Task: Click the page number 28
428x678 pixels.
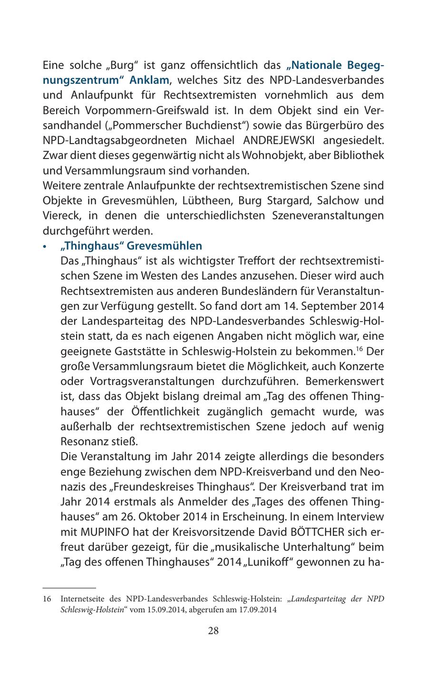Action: pos(214,631)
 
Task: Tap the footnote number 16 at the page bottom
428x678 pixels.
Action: pos(47,599)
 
